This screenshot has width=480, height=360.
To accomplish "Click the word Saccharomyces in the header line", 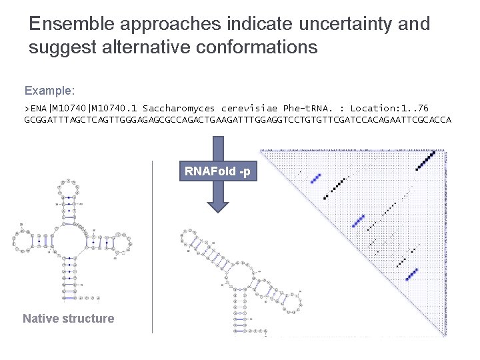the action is tap(179, 108).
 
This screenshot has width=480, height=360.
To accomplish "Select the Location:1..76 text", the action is tap(389, 108).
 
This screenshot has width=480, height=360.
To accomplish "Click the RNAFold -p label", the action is tap(217, 172).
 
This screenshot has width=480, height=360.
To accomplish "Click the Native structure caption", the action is tap(69, 319).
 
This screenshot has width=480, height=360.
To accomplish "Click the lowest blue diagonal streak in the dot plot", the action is tap(411, 274).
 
